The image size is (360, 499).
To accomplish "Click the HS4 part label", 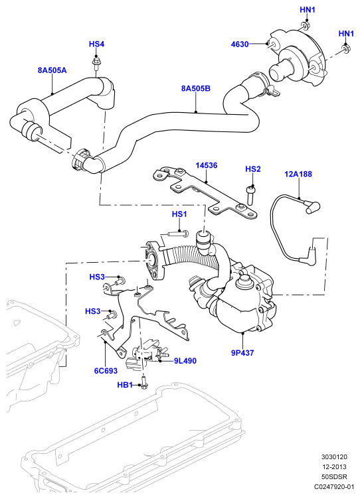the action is click(96, 44).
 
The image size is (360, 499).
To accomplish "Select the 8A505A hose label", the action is click(52, 70).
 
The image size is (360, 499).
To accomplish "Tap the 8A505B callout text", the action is click(196, 88).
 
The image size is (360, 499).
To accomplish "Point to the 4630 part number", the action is click(240, 44).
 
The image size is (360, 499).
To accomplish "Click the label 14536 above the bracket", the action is click(207, 165).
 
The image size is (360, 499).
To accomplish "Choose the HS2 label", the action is click(253, 169).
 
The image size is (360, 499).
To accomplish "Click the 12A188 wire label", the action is click(298, 174).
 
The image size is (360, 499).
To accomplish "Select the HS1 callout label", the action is click(179, 214).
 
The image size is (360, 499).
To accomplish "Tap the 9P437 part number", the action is click(242, 352).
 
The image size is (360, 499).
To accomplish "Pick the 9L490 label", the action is click(185, 361).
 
